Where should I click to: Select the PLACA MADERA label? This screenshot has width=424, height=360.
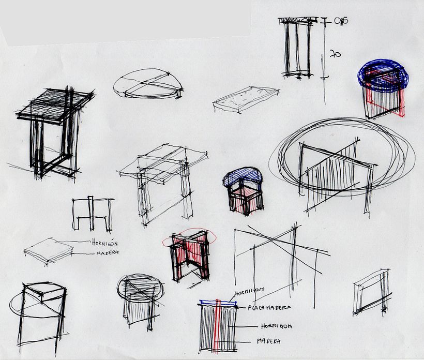point(268,308)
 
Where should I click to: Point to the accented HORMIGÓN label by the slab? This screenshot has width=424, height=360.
point(106,242)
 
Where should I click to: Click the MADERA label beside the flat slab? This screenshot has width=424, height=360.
point(108,252)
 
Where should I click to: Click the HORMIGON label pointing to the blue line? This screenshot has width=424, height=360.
point(249,291)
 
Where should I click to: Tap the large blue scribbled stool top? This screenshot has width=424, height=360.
point(383,76)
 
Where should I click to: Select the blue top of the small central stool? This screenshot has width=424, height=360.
point(243,177)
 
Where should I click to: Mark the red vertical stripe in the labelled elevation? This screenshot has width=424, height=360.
point(218,326)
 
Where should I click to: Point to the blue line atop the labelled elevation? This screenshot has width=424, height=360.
point(217,302)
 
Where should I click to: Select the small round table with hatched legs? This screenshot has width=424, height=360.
point(140,300)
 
